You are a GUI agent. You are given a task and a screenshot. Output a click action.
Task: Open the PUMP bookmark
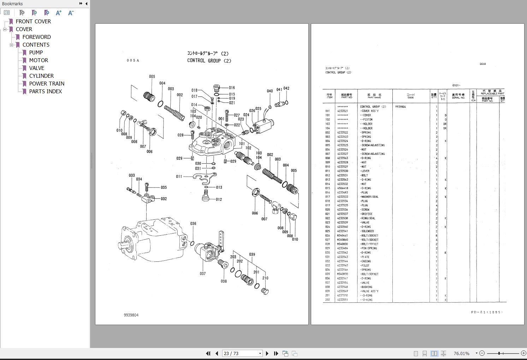click(x=36, y=53)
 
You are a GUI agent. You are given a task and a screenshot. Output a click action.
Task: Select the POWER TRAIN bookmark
click(x=47, y=84)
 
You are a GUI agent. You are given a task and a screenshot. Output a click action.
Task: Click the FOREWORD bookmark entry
click(x=36, y=37)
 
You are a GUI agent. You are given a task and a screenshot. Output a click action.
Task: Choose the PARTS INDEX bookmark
click(x=45, y=92)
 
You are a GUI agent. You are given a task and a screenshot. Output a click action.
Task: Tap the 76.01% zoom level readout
click(x=461, y=353)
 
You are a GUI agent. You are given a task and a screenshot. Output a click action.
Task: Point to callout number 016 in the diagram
click(x=232, y=88)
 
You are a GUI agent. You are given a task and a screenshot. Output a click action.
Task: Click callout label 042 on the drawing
click(x=286, y=89)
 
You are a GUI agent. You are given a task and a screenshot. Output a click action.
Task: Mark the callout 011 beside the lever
click(x=179, y=177)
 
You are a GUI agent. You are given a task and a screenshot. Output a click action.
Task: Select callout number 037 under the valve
click(x=202, y=273)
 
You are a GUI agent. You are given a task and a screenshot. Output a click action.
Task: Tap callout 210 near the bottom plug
click(x=265, y=278)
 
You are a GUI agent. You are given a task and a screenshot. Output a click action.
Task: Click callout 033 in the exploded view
click(x=132, y=176)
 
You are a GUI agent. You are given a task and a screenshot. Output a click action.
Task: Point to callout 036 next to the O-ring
click(x=193, y=224)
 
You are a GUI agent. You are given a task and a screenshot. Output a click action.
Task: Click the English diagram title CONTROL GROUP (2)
click(x=209, y=61)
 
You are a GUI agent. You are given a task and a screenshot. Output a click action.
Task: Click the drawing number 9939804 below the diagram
click(x=131, y=315)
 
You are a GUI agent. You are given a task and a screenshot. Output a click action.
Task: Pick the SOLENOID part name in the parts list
click(x=367, y=231)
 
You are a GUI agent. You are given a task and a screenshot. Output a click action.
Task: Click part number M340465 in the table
click(x=342, y=235)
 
